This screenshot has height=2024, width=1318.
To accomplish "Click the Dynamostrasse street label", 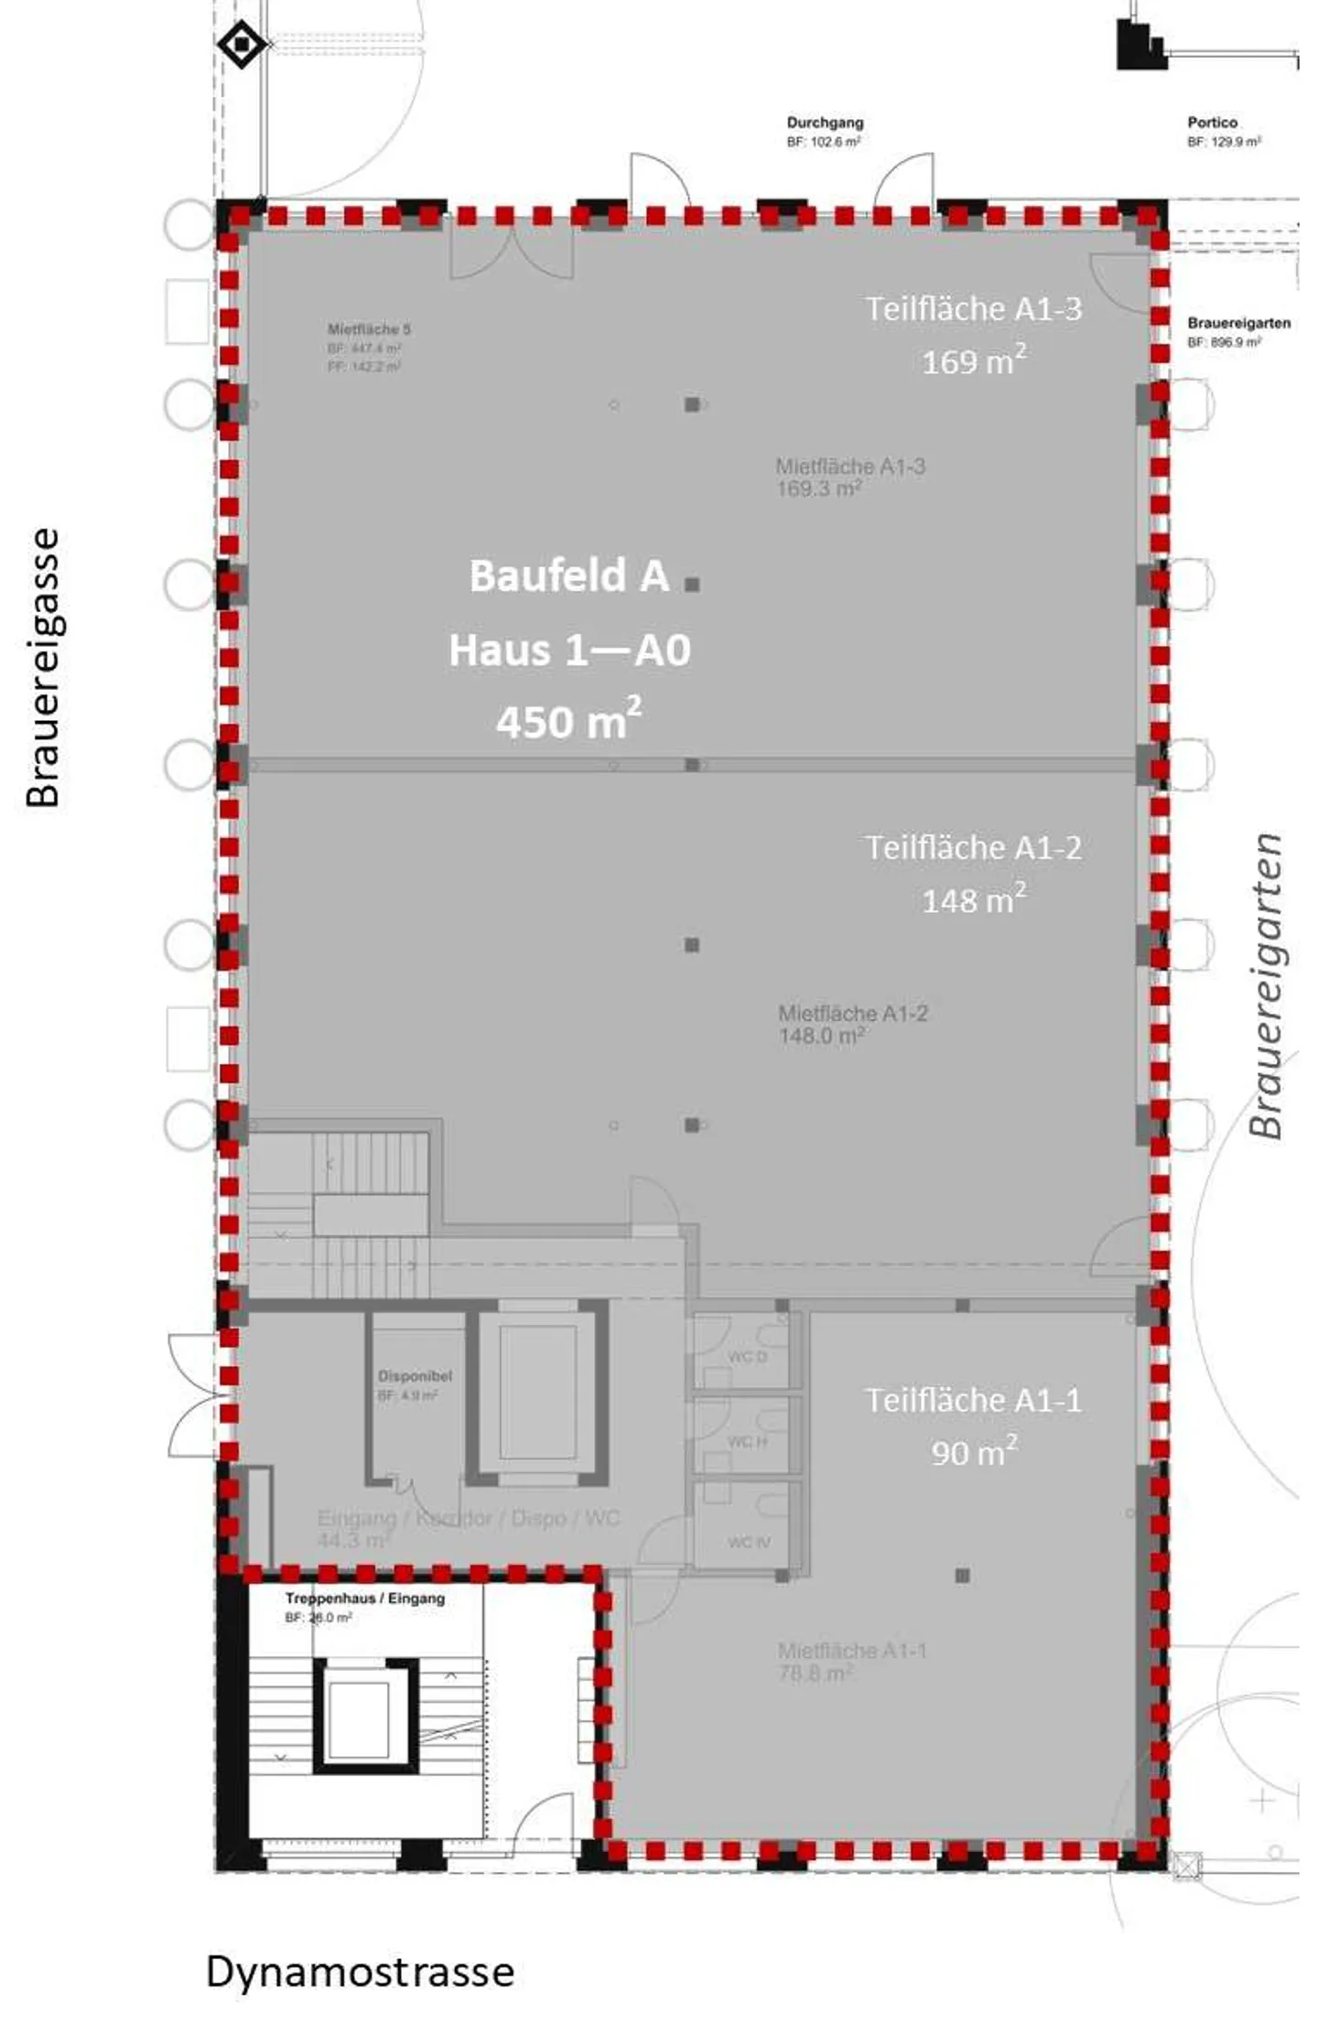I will pyautogui.click(x=360, y=1971).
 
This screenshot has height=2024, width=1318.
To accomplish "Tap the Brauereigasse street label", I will pyautogui.click(x=43, y=668).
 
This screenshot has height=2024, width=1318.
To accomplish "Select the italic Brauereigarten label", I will pyautogui.click(x=1268, y=985).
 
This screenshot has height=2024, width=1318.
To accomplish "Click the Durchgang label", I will pyautogui.click(x=825, y=123).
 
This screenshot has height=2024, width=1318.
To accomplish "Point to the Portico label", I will pyautogui.click(x=1212, y=123).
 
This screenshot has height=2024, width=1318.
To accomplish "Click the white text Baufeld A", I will pyautogui.click(x=568, y=576).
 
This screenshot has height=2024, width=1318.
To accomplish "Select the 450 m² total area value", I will pyautogui.click(x=568, y=721).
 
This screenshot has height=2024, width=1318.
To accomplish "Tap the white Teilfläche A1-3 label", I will pyautogui.click(x=974, y=309).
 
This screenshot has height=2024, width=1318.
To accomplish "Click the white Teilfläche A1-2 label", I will pyautogui.click(x=974, y=848).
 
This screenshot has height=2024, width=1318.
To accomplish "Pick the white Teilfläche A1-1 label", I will pyautogui.click(x=974, y=1401).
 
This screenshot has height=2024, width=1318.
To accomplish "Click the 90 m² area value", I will pyautogui.click(x=974, y=1452).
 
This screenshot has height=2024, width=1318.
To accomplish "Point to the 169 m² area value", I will pyautogui.click(x=974, y=361).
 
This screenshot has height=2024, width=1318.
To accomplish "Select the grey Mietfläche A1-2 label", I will pyautogui.click(x=853, y=1013).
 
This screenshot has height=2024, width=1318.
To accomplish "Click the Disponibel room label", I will pyautogui.click(x=415, y=1376).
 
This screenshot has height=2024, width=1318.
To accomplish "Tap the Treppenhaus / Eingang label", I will pyautogui.click(x=364, y=1599).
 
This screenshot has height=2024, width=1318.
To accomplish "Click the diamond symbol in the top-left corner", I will pyautogui.click(x=242, y=43).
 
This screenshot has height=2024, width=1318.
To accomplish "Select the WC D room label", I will pyautogui.click(x=748, y=1356).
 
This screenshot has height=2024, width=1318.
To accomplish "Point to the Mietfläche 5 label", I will pyautogui.click(x=369, y=329).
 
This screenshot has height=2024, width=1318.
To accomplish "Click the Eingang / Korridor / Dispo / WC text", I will pyautogui.click(x=469, y=1518).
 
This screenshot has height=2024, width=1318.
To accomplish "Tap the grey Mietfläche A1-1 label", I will pyautogui.click(x=852, y=1651).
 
